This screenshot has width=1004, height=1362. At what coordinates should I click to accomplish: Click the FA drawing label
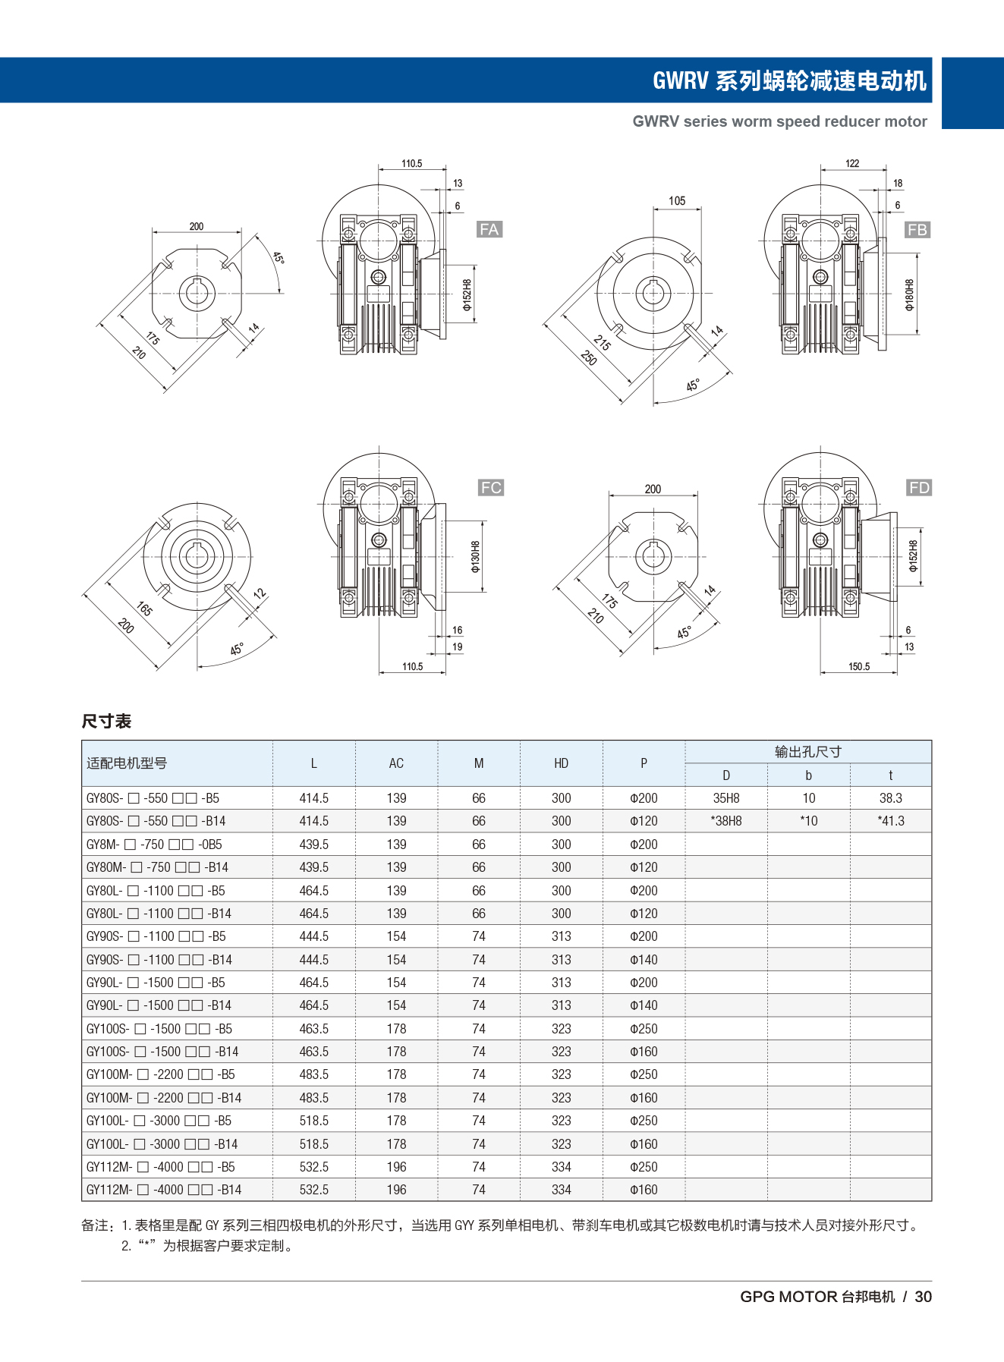[489, 229]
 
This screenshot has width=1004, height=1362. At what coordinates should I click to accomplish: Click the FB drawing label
[917, 229]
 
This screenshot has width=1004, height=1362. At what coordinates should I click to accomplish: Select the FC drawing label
[491, 487]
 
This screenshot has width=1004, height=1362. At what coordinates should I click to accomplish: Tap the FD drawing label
[919, 487]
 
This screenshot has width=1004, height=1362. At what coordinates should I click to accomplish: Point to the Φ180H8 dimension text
[909, 295]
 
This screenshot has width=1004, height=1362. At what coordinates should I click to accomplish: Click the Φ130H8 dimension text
[476, 556]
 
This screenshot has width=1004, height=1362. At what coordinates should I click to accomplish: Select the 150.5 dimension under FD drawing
[859, 666]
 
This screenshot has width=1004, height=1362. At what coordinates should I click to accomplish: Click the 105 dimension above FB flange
[677, 200]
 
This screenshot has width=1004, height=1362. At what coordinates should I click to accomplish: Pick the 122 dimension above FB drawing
[852, 163]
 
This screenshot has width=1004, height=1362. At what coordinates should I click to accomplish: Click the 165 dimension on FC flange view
[145, 608]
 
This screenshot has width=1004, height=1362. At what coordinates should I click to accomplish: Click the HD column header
[561, 763]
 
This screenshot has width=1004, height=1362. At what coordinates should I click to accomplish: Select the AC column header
[396, 763]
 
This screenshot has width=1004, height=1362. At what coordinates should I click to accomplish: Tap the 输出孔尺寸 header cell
[807, 751]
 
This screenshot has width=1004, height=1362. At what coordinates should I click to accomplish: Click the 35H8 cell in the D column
[726, 798]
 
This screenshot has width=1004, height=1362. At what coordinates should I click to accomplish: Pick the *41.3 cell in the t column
[890, 821]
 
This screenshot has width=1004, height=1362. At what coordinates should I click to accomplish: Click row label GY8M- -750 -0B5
[154, 845]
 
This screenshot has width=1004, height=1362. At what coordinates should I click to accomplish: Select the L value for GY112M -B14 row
[313, 1190]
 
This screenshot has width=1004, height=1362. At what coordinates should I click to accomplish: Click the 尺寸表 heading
[106, 721]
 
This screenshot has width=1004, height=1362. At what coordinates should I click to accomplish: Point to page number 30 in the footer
[923, 1297]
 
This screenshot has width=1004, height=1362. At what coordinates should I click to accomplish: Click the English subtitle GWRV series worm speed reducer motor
[779, 121]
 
